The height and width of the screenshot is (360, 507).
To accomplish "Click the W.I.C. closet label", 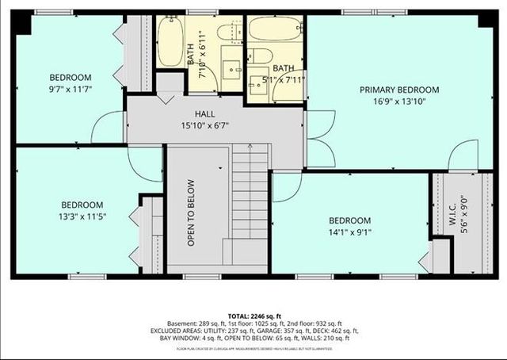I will pos(454,212).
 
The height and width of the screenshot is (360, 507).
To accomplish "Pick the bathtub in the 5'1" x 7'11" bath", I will pos(273,29).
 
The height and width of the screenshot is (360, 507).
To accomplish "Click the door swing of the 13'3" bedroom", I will pos(146,163).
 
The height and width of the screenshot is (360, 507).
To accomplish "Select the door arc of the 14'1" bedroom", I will pos(287,187).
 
